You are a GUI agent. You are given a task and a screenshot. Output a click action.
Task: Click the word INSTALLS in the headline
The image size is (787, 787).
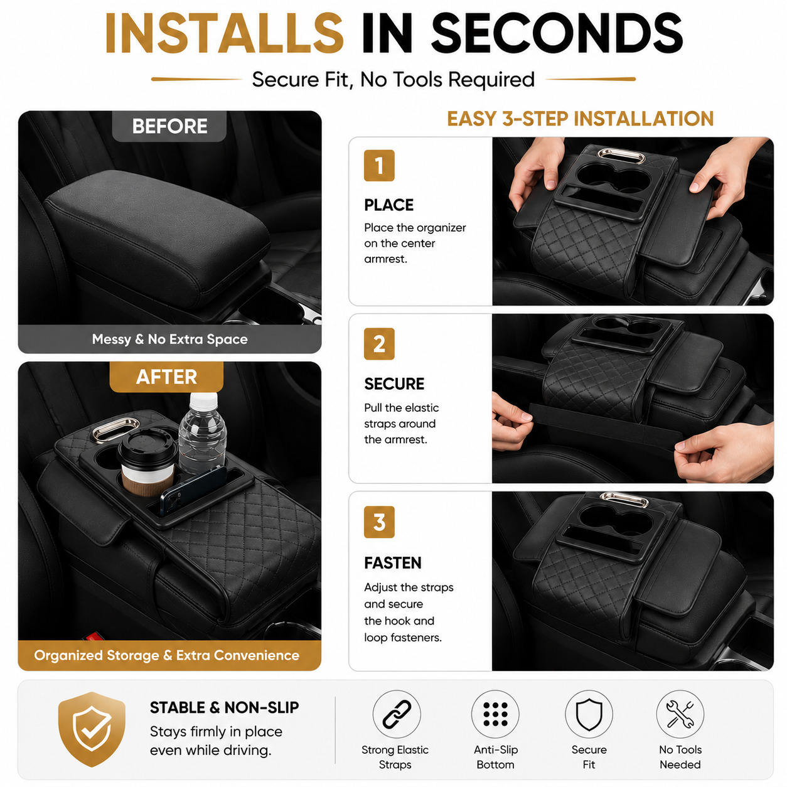[x=224, y=33]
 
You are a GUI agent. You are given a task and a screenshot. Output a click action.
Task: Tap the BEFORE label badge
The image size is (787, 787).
[x=169, y=126]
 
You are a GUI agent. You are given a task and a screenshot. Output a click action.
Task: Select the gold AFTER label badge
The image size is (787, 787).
[x=167, y=377]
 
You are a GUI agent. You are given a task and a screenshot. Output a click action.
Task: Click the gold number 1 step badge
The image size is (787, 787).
[x=379, y=166]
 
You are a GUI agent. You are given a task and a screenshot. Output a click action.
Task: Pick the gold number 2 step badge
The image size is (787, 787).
[x=379, y=344]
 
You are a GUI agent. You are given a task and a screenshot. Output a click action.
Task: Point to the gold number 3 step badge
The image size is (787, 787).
[x=379, y=522]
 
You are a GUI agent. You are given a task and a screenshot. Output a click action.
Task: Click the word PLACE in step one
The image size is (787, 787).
[x=389, y=205]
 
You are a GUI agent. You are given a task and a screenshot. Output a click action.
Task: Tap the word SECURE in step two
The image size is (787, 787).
[x=394, y=384]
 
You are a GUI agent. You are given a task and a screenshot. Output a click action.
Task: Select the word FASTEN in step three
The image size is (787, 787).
[x=393, y=563]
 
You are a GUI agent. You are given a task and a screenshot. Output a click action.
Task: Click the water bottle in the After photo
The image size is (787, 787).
[x=202, y=433]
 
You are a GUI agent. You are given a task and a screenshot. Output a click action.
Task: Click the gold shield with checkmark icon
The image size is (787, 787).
[x=92, y=729]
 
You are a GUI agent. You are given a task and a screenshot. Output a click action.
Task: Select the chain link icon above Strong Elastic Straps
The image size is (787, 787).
[x=397, y=714]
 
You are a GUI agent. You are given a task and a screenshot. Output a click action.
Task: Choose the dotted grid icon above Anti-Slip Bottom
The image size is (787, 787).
[x=495, y=714]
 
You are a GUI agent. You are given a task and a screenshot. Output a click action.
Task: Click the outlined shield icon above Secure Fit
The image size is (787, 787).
[x=589, y=714]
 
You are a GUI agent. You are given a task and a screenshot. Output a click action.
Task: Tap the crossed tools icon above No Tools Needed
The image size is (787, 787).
[x=680, y=714]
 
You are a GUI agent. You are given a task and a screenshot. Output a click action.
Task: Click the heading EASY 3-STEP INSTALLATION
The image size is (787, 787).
[x=581, y=119]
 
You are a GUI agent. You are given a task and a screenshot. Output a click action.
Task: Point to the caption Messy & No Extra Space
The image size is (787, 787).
[x=170, y=340]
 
